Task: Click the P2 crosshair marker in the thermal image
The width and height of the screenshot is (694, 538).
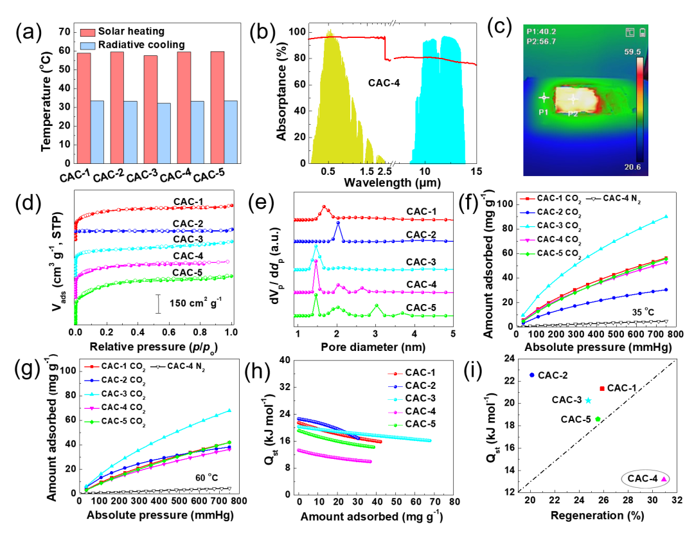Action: pyautogui.click(x=574, y=99)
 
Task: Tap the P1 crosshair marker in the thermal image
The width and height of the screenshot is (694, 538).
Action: pyautogui.click(x=544, y=98)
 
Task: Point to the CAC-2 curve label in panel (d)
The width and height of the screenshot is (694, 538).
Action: pyautogui.click(x=189, y=222)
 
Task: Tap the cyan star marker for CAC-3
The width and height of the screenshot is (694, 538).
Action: pyautogui.click(x=589, y=400)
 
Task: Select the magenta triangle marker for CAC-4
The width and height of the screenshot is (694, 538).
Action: pyautogui.click(x=664, y=479)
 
